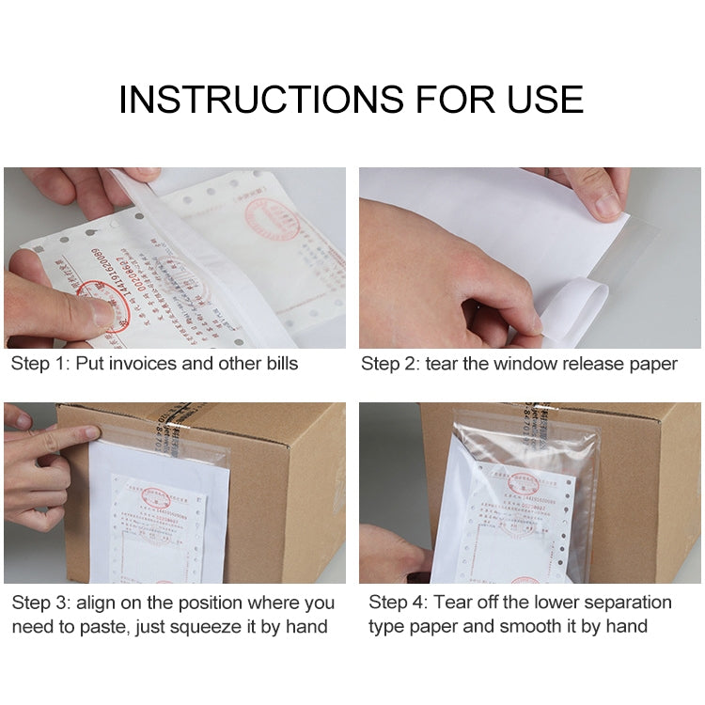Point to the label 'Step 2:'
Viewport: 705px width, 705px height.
point(390,364)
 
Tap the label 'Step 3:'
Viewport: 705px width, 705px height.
point(40,603)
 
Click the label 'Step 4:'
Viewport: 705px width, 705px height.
point(398,603)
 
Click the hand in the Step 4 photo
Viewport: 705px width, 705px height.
point(390,555)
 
